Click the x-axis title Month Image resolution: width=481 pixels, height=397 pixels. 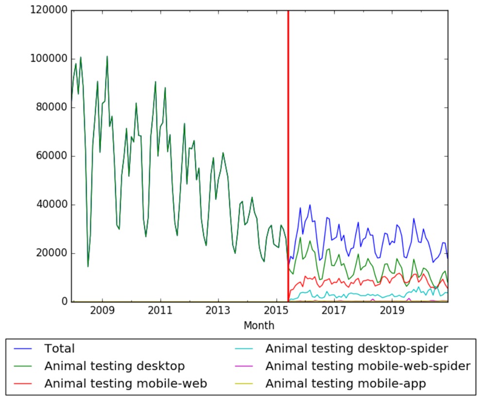[x=259, y=326]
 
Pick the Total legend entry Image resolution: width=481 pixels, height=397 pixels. [x=59, y=348]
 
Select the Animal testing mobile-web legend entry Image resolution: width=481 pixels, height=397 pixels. [x=126, y=383]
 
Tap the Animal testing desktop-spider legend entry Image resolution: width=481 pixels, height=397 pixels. [x=356, y=348]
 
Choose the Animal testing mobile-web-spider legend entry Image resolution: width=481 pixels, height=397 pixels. [x=368, y=366]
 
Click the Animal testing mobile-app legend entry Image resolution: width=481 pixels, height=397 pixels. [x=345, y=383]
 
